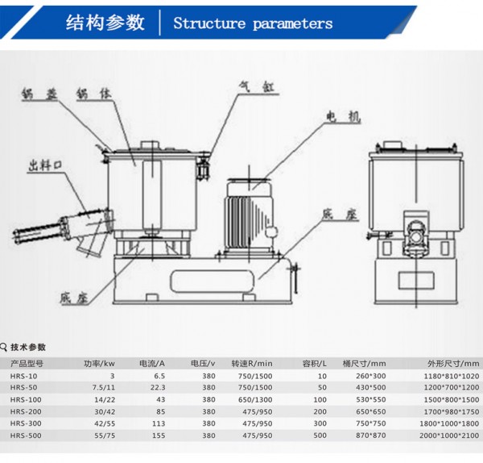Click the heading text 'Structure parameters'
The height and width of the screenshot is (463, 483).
tap(253, 23)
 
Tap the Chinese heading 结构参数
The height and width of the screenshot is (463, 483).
tap(105, 23)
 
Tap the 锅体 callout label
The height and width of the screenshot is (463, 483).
tap(89, 94)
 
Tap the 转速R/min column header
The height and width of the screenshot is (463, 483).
tap(252, 363)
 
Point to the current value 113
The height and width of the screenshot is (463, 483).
tap(159, 423)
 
